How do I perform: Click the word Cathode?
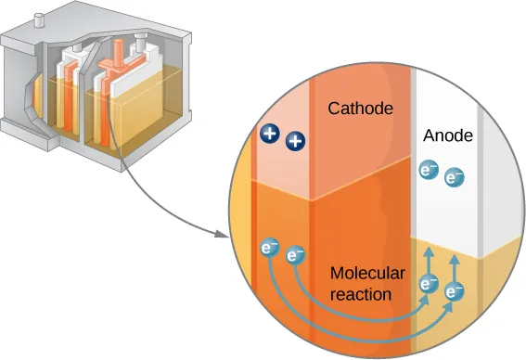360,109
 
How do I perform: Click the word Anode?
448,135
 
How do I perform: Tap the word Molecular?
367,274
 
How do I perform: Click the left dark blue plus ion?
271,134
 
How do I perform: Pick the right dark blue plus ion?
295,142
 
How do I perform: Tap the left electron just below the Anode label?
428,170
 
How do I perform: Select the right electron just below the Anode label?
454,177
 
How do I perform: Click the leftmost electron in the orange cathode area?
268,248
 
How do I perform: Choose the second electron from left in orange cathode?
295,253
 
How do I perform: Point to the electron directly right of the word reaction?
428,284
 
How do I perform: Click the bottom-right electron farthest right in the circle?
454,293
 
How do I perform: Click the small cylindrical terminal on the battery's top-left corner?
41,19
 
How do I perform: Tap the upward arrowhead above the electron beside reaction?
428,251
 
